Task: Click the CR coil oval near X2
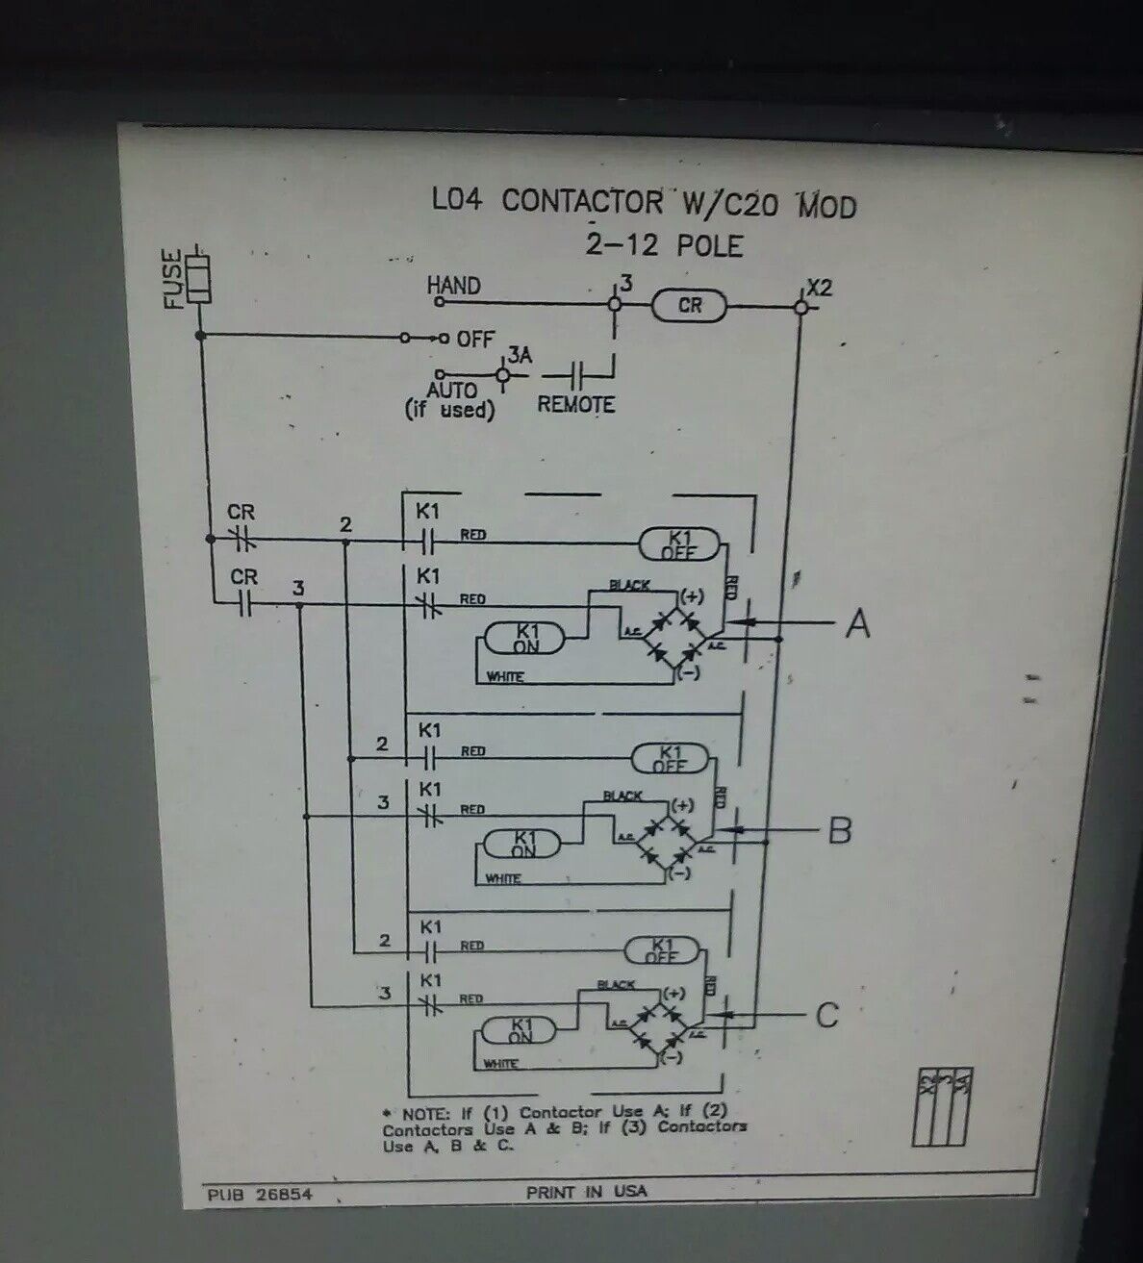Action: [x=690, y=306]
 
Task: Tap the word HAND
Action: [x=453, y=286]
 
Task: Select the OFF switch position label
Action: [x=475, y=339]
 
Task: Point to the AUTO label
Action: [x=451, y=390]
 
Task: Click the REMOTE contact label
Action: [x=575, y=404]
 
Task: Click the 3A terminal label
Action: [x=520, y=356]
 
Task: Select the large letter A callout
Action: [x=857, y=624]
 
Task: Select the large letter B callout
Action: [x=840, y=829]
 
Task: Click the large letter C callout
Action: [x=826, y=1015]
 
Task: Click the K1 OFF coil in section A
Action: [x=679, y=545]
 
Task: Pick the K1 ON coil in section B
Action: [x=523, y=845]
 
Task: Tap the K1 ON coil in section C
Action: [x=521, y=1031]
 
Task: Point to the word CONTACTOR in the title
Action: [x=581, y=201]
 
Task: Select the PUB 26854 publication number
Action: [x=260, y=1195]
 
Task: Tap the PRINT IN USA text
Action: [x=586, y=1191]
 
